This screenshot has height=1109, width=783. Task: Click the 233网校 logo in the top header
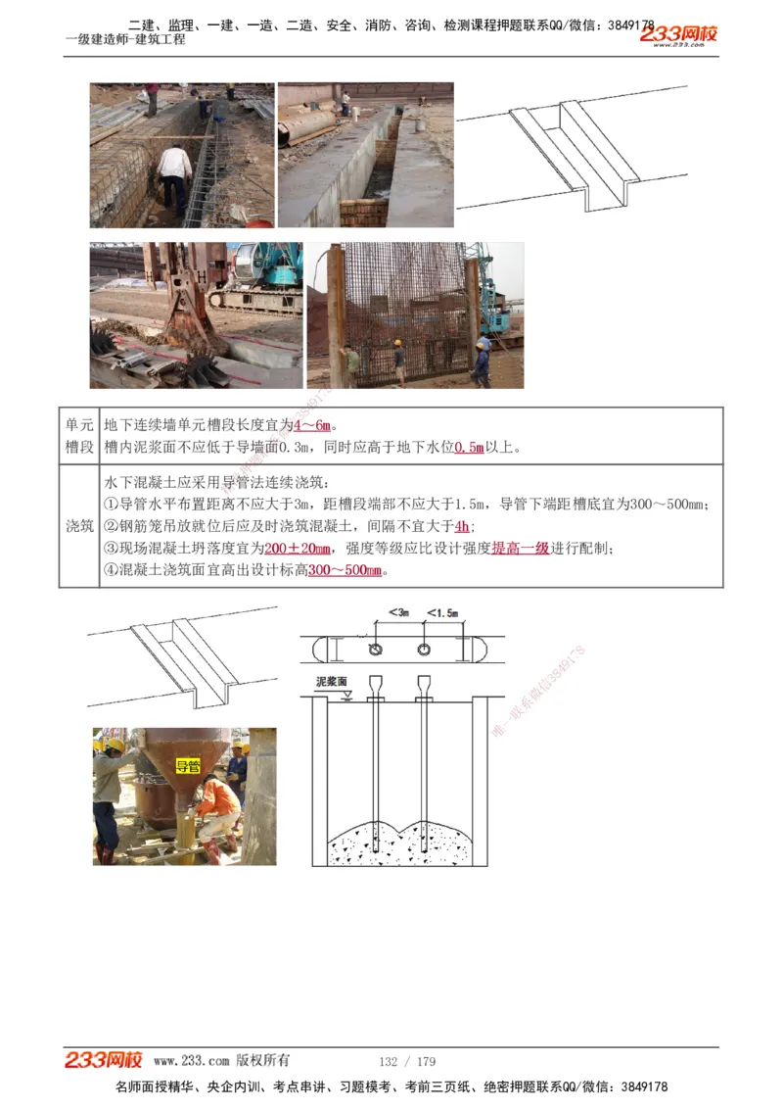pyautogui.click(x=679, y=35)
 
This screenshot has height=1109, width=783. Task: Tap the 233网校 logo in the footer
pyautogui.click(x=104, y=1060)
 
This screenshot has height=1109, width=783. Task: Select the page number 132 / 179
pyautogui.click(x=407, y=1061)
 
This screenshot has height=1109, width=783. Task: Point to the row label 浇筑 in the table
pyautogui.click(x=79, y=526)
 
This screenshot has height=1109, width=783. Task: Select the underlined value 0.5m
pyautogui.click(x=470, y=448)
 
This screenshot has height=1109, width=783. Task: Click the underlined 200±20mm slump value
pyautogui.click(x=299, y=548)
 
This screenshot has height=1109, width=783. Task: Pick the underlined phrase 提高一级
pyautogui.click(x=520, y=548)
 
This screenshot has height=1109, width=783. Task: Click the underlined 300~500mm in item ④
pyautogui.click(x=345, y=570)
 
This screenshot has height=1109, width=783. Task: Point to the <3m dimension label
pyautogui.click(x=397, y=612)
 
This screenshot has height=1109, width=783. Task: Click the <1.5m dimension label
pyautogui.click(x=441, y=612)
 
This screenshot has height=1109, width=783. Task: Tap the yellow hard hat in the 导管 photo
pyautogui.click(x=115, y=746)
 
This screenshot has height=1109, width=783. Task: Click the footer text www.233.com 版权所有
pyautogui.click(x=221, y=1061)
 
